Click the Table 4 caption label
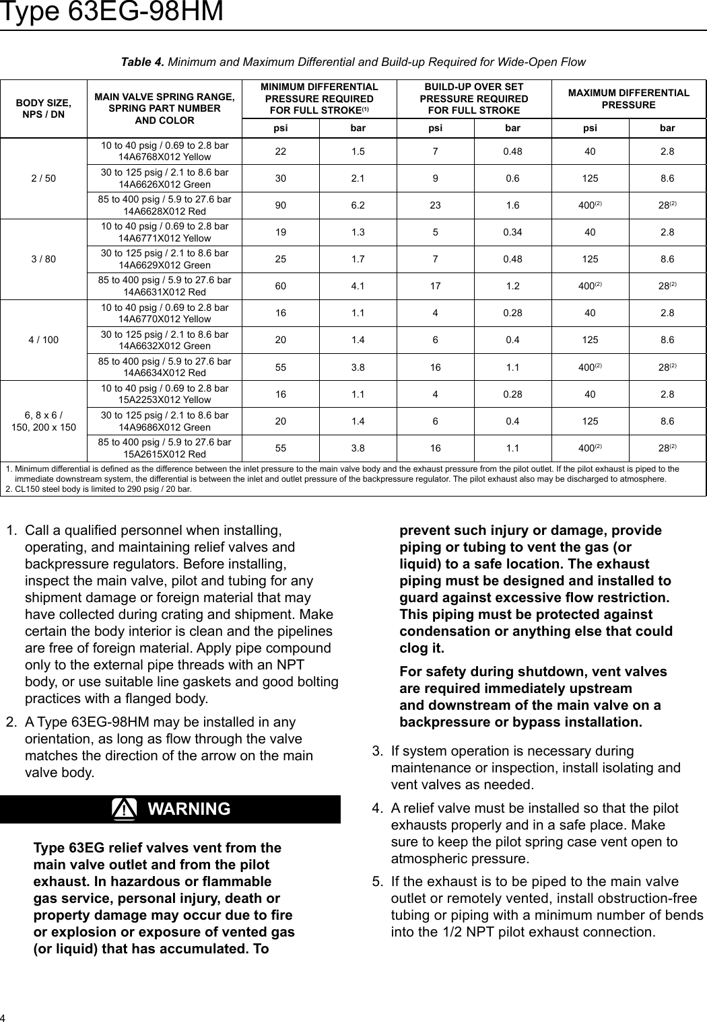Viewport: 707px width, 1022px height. pyautogui.click(x=141, y=62)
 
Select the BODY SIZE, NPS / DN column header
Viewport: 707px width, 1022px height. pyautogui.click(x=44, y=108)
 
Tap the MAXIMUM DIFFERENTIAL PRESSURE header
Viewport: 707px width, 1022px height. pyautogui.click(x=628, y=99)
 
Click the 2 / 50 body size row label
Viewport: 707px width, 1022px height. pyautogui.click(x=44, y=178)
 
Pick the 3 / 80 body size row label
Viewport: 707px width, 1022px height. pyautogui.click(x=44, y=259)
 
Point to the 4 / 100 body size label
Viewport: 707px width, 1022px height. pyautogui.click(x=44, y=340)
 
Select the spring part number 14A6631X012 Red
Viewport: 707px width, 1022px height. pyautogui.click(x=164, y=292)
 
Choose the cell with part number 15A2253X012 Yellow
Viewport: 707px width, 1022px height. pyautogui.click(x=164, y=400)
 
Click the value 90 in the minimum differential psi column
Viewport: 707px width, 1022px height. pyautogui.click(x=279, y=205)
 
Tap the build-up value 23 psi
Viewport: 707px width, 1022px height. pyautogui.click(x=435, y=205)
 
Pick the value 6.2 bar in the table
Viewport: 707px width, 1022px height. pyautogui.click(x=358, y=205)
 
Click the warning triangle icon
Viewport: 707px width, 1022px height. pyautogui.click(x=125, y=809)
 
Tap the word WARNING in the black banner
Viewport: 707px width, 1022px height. pyautogui.click(x=189, y=809)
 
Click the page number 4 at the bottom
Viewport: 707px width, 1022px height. pyautogui.click(x=3, y=1016)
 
